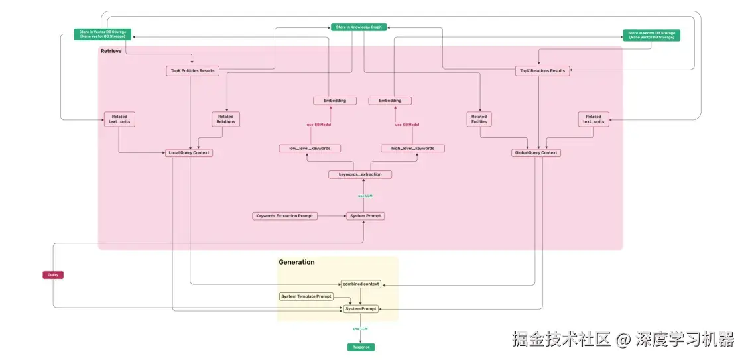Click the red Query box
coord(53,275)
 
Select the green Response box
coord(361,347)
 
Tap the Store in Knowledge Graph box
coord(357,27)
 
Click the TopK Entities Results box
coord(192,70)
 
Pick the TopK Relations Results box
coord(542,70)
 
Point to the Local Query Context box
coord(189,153)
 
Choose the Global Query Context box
coord(536,153)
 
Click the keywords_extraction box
coord(360,174)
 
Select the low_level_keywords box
coord(305,149)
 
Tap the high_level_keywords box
coord(412,149)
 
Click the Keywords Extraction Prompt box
coord(284,216)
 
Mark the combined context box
coord(361,284)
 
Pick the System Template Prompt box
coord(306,296)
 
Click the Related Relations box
coord(225,119)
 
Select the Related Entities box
coord(479,119)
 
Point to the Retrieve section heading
coord(111,52)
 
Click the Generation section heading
coord(296,262)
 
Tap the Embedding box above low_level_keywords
coord(334,101)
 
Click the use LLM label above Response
coord(360,328)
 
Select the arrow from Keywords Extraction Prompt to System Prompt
coord(332,216)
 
